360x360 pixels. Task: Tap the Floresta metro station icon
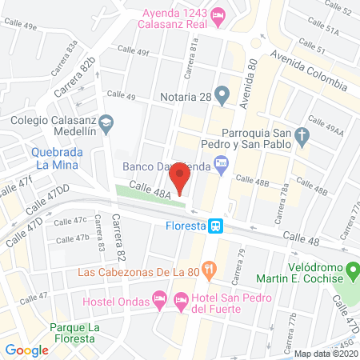(x=216, y=226)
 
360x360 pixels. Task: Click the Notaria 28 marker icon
(x=222, y=97)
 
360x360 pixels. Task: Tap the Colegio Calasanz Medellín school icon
(x=110, y=122)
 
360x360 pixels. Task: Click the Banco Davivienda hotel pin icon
(x=222, y=166)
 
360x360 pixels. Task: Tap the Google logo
(x=27, y=350)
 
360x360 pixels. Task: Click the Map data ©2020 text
(x=326, y=353)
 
